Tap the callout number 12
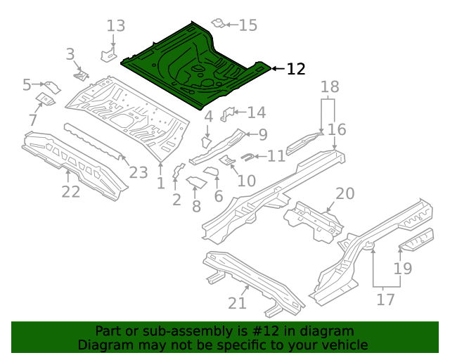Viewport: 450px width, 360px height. pos(296,69)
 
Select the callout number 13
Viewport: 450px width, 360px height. pos(116,26)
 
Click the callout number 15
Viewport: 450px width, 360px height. pos(248,25)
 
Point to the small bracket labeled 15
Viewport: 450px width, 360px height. pos(218,24)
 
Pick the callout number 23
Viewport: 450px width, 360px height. pos(139,172)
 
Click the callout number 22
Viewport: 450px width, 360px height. pos(71,191)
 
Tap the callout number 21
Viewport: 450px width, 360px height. pos(237,303)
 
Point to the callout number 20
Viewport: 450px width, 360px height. pos(345,193)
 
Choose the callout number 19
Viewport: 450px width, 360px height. pos(403,269)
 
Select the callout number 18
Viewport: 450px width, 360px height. pos(330,86)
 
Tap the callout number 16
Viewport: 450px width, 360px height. pos(337,129)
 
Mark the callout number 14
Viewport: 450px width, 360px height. pos(256,112)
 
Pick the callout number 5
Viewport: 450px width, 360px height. pos(27,85)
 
